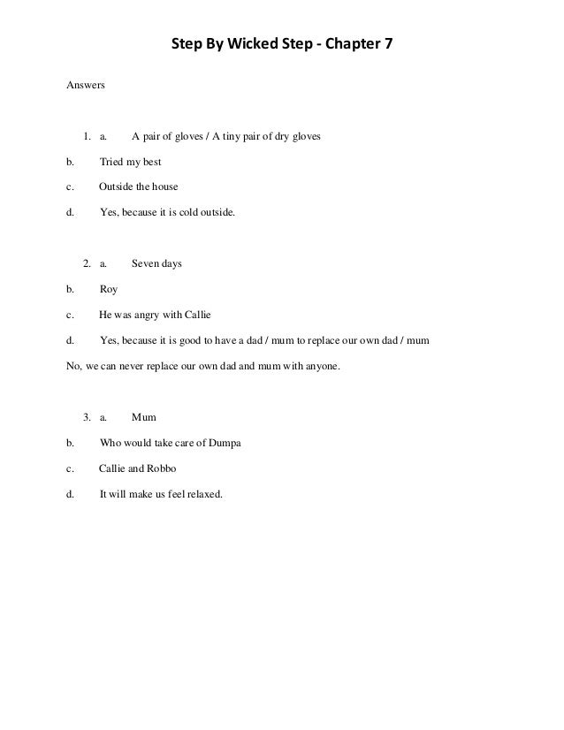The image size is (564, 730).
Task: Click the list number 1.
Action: tap(86, 137)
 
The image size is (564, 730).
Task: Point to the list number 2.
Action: tap(86, 263)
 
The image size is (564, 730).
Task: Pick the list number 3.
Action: tap(86, 417)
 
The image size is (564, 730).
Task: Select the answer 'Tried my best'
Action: tap(131, 163)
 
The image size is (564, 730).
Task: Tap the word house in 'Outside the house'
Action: tap(164, 187)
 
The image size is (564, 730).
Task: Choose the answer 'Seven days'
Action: tap(156, 263)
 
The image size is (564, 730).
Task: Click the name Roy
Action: tap(109, 289)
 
